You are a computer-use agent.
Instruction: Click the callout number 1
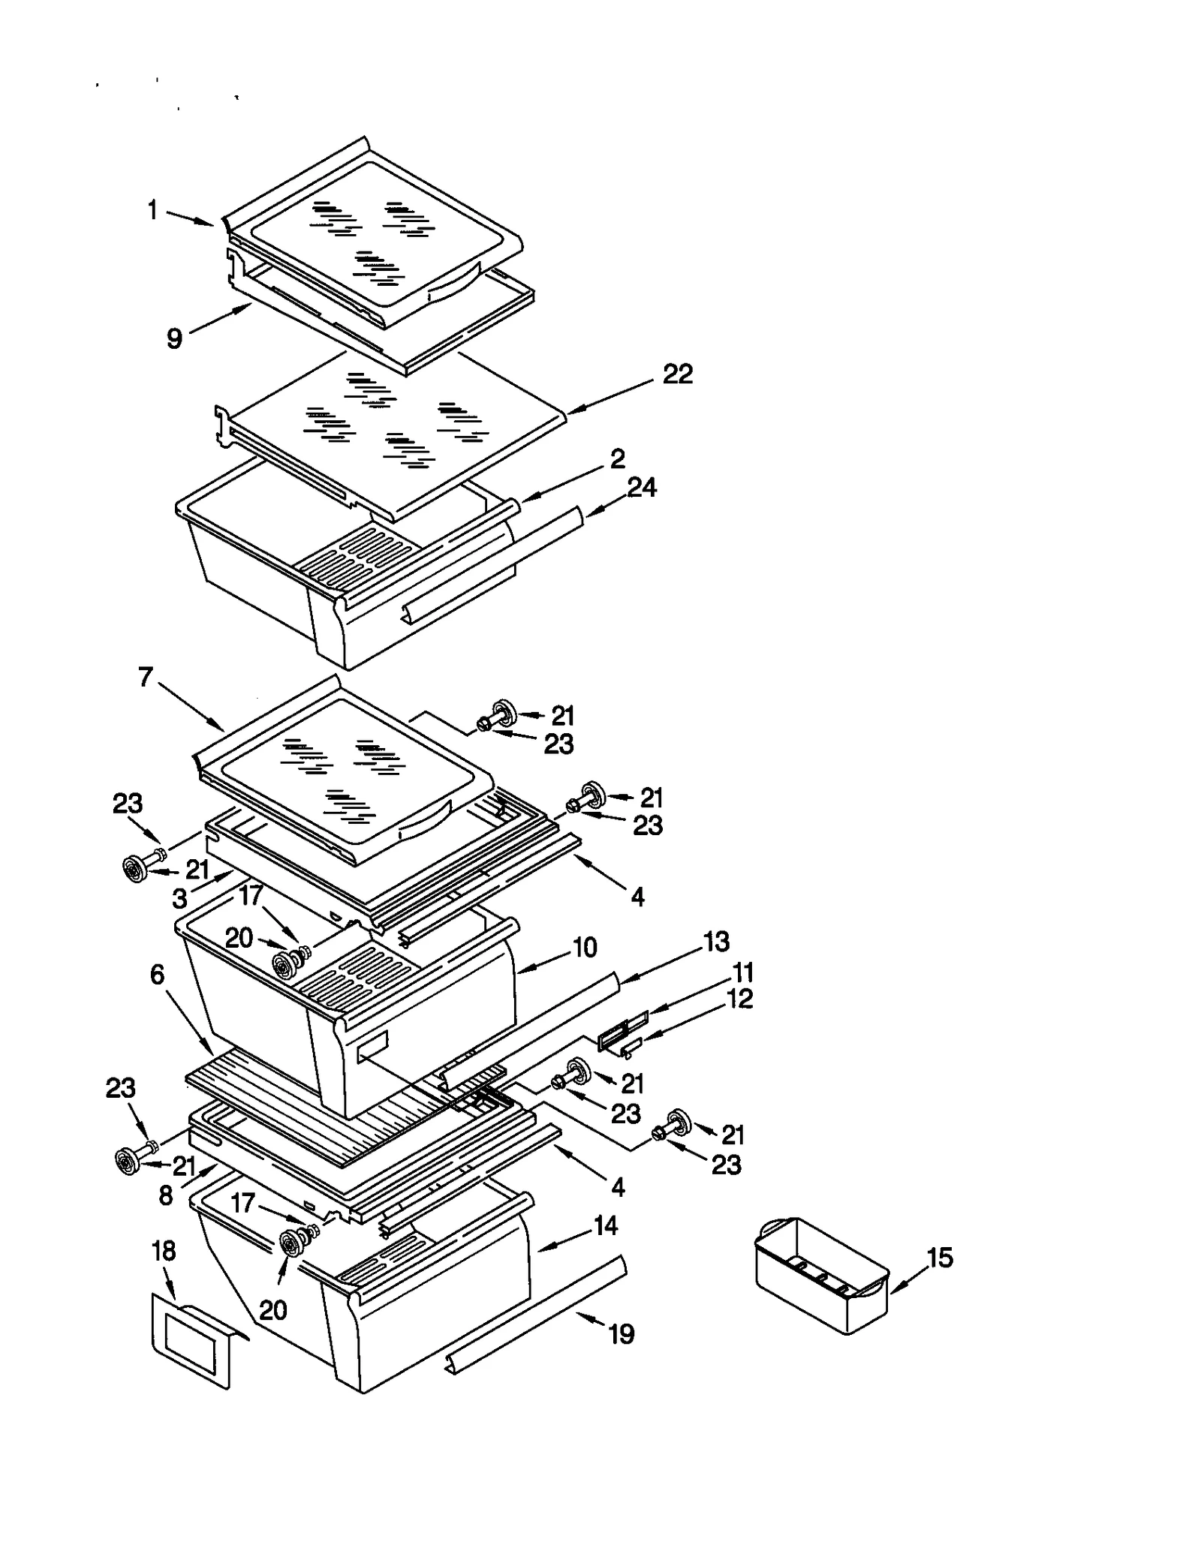[x=152, y=210]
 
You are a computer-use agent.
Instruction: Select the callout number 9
[x=174, y=338]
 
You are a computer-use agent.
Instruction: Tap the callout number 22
[x=677, y=374]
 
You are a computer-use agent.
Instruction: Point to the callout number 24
[x=642, y=488]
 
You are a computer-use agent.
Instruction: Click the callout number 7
[x=146, y=678]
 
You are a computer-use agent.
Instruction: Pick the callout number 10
[x=585, y=947]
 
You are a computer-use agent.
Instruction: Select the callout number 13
[x=716, y=942]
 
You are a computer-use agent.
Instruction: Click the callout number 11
[x=742, y=973]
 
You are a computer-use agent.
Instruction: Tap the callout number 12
[x=740, y=999]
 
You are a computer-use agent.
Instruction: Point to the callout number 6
[x=157, y=975]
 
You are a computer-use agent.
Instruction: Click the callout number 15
[x=940, y=1257]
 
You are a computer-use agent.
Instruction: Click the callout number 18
[x=164, y=1251]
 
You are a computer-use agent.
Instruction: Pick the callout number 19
[x=622, y=1334]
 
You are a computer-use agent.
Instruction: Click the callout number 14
[x=605, y=1225]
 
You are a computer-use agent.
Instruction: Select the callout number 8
[x=166, y=1196]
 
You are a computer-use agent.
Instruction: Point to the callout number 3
[x=179, y=899]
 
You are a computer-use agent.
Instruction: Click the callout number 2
[x=617, y=458]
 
